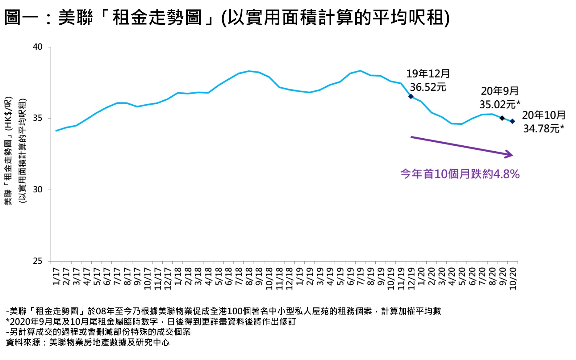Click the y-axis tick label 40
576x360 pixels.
click(38, 47)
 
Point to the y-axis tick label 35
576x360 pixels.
click(38, 118)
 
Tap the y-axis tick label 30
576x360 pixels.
click(38, 190)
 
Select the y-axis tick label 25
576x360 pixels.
click(38, 261)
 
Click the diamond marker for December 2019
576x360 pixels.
click(411, 96)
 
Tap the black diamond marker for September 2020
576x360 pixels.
click(502, 118)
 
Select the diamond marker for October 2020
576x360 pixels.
click(512, 121)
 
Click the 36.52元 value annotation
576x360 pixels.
click(428, 87)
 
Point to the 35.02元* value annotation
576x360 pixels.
click(499, 105)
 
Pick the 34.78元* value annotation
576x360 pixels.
click(543, 128)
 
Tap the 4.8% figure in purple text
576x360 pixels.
click(506, 174)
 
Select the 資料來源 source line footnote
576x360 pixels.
click(88, 342)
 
